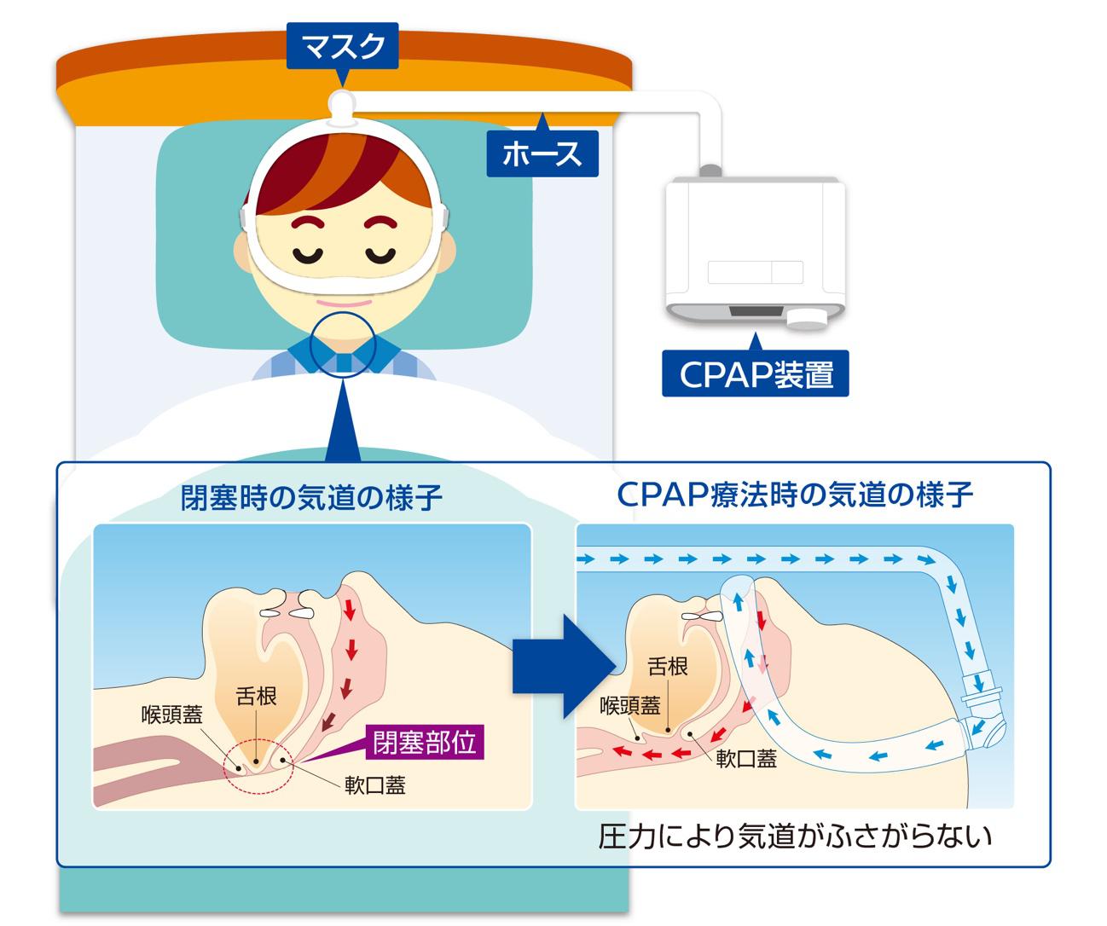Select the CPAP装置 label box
point(756,374)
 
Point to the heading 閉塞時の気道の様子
point(312,497)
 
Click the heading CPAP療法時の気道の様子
point(795,495)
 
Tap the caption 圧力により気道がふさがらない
point(795,836)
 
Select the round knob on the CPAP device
point(807,319)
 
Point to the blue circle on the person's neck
point(342,344)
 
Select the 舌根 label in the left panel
point(256,696)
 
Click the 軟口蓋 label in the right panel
point(746,759)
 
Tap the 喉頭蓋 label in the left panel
point(172,715)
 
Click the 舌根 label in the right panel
point(668,666)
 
